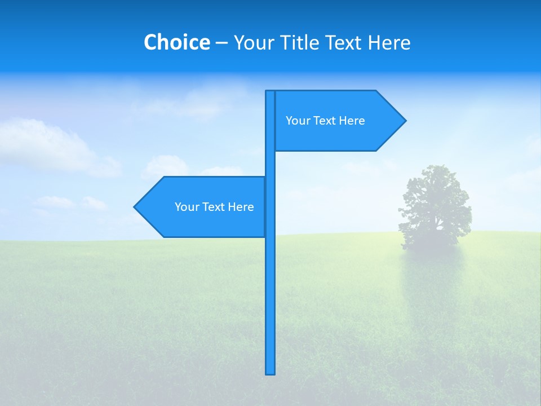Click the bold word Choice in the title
(176, 42)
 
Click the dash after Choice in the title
(221, 43)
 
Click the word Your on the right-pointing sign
(298, 121)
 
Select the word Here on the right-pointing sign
(352, 121)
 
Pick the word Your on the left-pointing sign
(187, 207)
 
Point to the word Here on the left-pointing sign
(241, 207)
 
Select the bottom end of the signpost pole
(270, 372)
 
